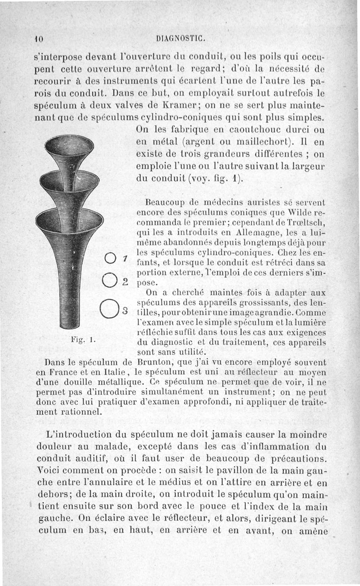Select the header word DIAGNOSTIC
tap(179, 39)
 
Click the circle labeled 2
tap(110, 280)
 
